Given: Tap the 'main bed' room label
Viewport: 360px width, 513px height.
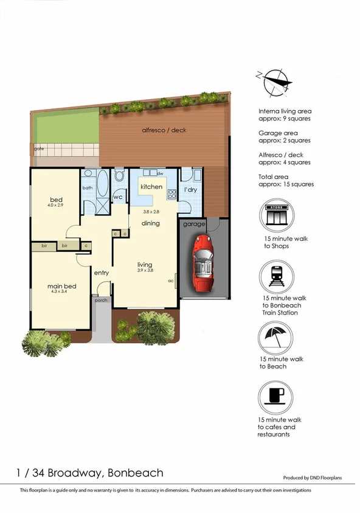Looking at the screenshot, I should [61, 286].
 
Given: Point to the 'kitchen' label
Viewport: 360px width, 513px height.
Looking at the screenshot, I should [151, 187].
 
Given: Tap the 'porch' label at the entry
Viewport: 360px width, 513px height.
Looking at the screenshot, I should [100, 299].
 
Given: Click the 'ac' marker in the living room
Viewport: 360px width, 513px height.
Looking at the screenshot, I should [171, 281].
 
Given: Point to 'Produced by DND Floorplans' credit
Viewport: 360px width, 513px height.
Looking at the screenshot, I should [312, 478].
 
